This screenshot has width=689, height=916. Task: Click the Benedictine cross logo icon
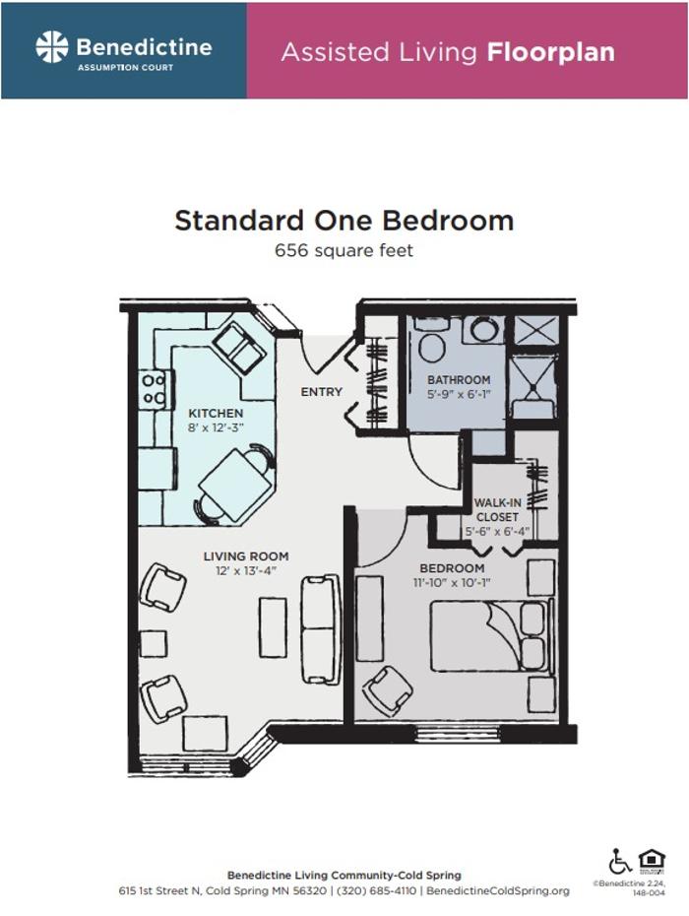pos(52,46)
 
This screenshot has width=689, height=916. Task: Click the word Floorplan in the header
pos(550,52)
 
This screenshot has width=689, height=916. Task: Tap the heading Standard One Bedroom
pos(344,220)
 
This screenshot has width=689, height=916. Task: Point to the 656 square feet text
pos(344,250)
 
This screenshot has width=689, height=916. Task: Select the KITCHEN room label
pos(216,413)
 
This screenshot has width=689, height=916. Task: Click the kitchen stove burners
pos(154,389)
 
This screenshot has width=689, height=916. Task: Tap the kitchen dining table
pos(236,485)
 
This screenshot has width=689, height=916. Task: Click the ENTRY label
pos(322,391)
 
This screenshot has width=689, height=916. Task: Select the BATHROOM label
pos(458,380)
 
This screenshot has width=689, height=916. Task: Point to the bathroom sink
pos(483,329)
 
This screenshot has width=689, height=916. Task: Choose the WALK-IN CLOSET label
pos(497,509)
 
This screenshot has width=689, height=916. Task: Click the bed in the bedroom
pos(489,636)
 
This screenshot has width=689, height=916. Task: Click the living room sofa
pos(321,628)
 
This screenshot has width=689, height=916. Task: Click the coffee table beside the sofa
pos(273,626)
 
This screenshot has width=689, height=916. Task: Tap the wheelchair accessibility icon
pos(620,862)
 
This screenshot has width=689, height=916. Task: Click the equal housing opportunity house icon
pos(652,860)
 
